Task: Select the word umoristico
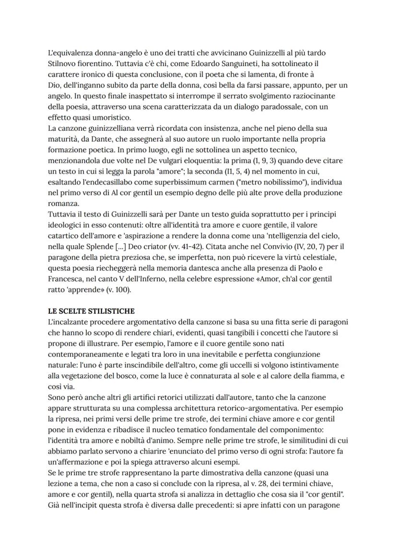(x=107, y=117)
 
